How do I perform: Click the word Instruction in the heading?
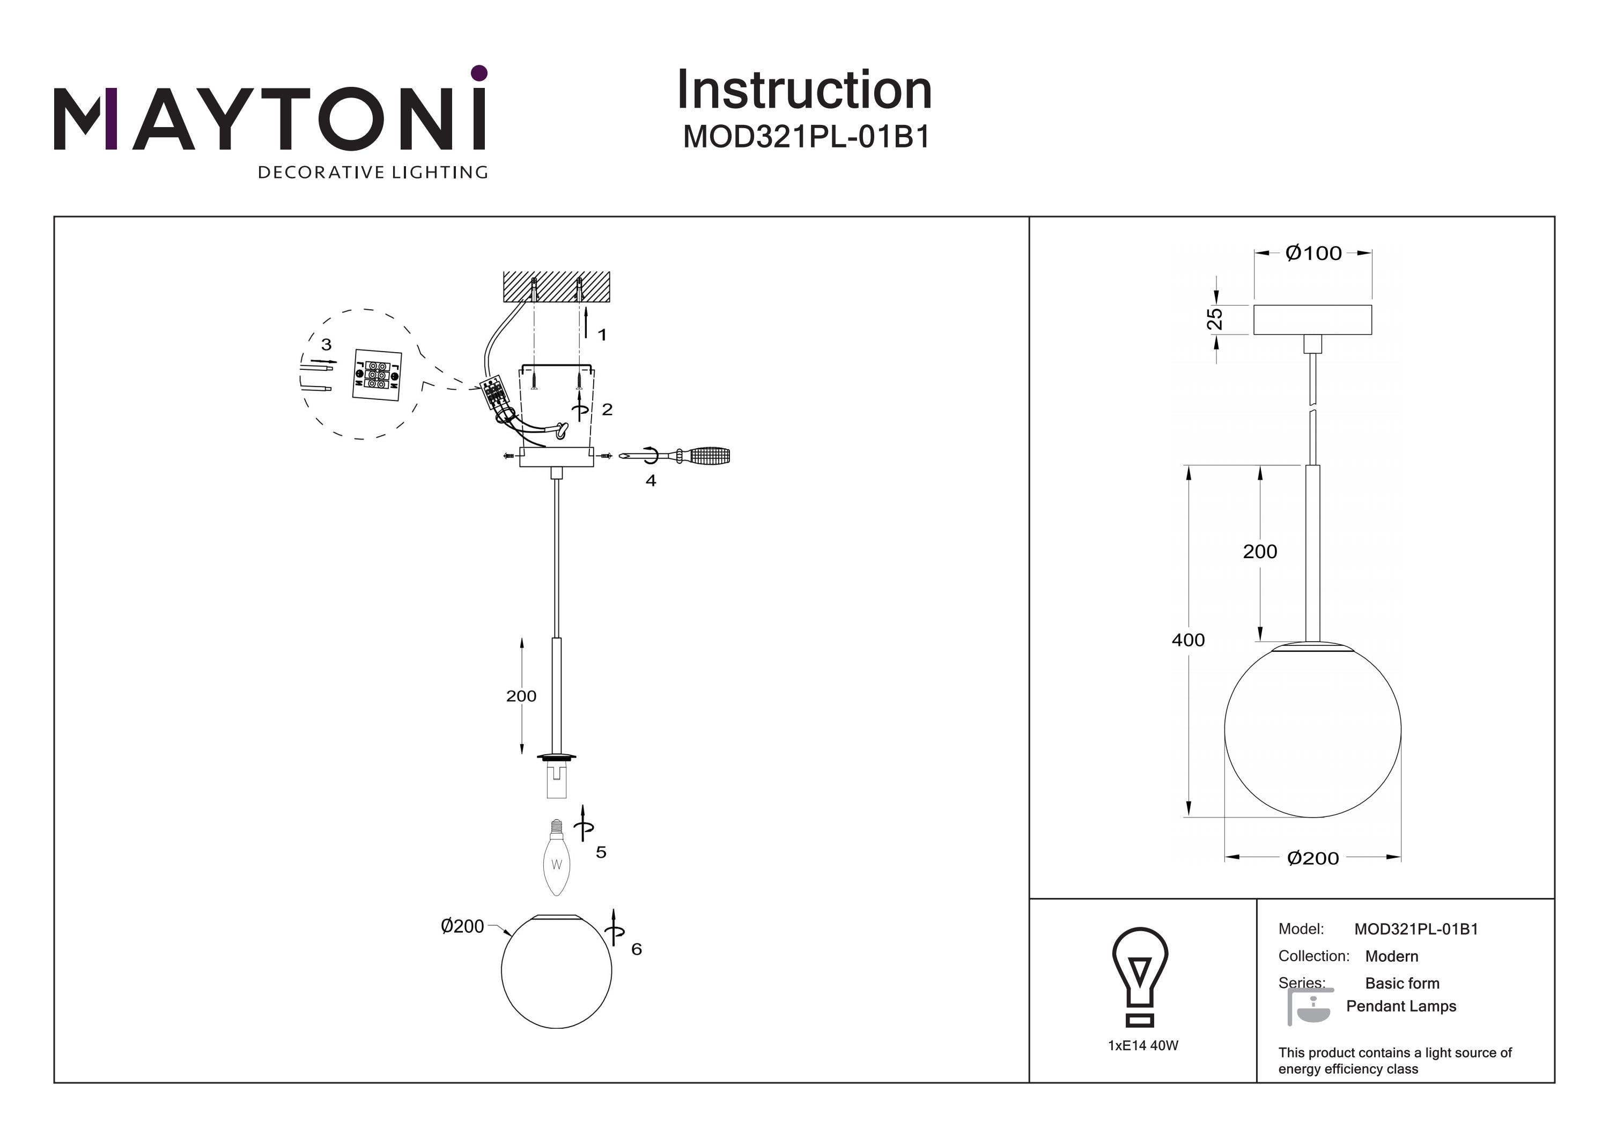pyautogui.click(x=804, y=91)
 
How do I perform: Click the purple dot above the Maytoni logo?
pyautogui.click(x=479, y=73)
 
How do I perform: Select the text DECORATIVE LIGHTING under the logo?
pyautogui.click(x=373, y=172)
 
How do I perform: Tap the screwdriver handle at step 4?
pyautogui.click(x=709, y=457)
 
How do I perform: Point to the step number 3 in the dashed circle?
pyautogui.click(x=326, y=345)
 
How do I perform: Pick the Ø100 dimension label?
pyautogui.click(x=1313, y=254)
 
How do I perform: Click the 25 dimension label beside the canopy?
pyautogui.click(x=1214, y=319)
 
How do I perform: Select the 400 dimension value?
pyautogui.click(x=1188, y=640)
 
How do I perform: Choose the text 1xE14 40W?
pyautogui.click(x=1143, y=1045)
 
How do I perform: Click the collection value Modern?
pyautogui.click(x=1391, y=956)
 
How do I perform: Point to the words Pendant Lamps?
pyautogui.click(x=1401, y=1006)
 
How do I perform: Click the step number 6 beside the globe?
pyautogui.click(x=636, y=949)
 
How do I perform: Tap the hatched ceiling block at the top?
pyautogui.click(x=556, y=286)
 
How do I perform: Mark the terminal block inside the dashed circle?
pyautogui.click(x=377, y=375)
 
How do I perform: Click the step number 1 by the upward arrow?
pyautogui.click(x=601, y=335)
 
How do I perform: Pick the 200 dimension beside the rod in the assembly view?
pyautogui.click(x=521, y=696)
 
